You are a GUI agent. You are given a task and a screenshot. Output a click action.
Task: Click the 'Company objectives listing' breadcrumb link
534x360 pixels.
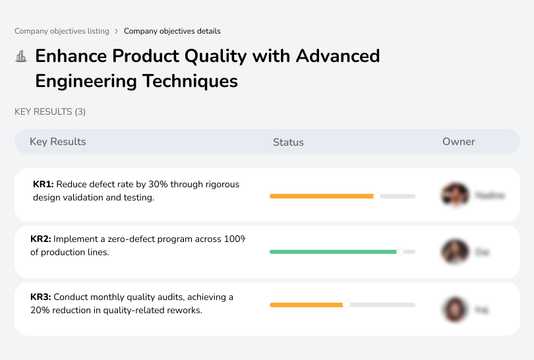[62, 31]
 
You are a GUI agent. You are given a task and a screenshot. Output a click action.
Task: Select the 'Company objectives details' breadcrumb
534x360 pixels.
[172, 31]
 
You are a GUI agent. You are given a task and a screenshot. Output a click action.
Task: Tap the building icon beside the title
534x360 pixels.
[21, 57]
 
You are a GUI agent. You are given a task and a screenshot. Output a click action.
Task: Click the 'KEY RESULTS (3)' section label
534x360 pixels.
[50, 112]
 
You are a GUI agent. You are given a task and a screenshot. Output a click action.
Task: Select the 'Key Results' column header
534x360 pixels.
[58, 142]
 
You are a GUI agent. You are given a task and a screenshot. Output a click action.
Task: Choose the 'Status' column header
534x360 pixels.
[288, 142]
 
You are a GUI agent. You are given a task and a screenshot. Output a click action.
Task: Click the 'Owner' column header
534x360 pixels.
[459, 142]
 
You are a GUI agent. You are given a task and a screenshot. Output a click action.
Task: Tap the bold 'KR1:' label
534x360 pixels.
[44, 185]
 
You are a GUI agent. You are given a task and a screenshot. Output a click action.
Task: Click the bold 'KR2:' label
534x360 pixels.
[41, 239]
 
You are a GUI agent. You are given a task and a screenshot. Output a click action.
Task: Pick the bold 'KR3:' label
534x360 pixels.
[41, 297]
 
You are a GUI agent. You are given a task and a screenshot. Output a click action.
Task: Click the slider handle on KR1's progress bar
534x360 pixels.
[377, 196]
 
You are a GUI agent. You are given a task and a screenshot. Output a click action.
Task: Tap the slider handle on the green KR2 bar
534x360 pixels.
[400, 251]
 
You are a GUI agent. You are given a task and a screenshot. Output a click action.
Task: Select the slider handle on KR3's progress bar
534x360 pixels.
[346, 305]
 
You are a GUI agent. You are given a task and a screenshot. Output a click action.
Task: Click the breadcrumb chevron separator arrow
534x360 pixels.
[117, 31]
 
